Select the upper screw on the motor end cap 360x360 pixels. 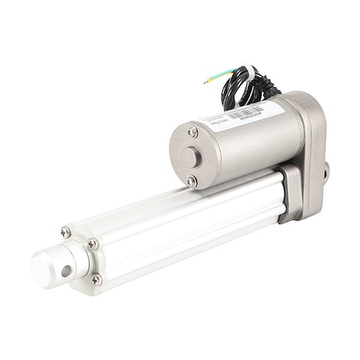[x=193, y=131]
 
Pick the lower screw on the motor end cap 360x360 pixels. [x=191, y=182]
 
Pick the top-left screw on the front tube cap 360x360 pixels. [x=66, y=232]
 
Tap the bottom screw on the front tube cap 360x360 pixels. [x=97, y=279]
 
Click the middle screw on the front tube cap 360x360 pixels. [x=93, y=243]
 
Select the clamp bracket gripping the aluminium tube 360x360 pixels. [x=291, y=192]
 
